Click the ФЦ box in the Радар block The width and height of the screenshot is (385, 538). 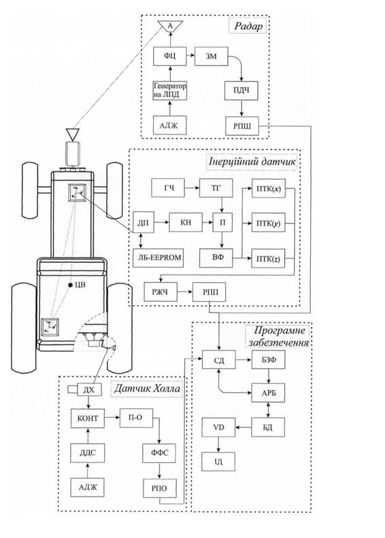(x=170, y=56)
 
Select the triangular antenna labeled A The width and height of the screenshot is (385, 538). (x=170, y=26)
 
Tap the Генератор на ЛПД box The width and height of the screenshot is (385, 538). (x=170, y=90)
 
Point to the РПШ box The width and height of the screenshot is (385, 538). (x=242, y=126)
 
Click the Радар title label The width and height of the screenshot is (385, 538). (x=248, y=26)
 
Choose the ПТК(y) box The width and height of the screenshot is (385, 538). (x=269, y=223)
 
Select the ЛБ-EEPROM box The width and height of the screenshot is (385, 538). (x=158, y=257)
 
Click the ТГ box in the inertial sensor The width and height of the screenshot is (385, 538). (x=216, y=188)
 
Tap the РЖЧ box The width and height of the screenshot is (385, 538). (x=161, y=292)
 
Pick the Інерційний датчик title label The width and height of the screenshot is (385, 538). (x=252, y=162)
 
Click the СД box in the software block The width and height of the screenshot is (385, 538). (x=219, y=359)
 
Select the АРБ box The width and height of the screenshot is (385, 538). (x=268, y=393)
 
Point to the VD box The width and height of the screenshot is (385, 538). (x=219, y=427)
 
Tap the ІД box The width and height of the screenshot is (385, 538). (x=219, y=461)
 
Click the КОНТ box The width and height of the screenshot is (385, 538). (x=88, y=418)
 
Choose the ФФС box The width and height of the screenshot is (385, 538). (x=160, y=453)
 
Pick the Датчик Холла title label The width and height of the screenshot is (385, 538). (x=147, y=389)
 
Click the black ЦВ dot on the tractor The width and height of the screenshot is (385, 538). (x=70, y=285)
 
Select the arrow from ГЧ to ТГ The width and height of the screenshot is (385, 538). (x=192, y=188)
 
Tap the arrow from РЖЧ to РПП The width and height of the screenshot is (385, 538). (x=185, y=292)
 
